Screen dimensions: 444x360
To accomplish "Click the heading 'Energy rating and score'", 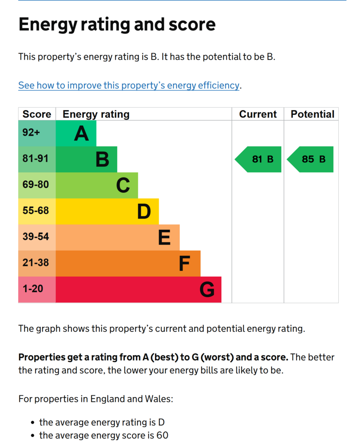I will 117,24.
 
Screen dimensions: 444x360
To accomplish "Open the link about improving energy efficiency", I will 128,85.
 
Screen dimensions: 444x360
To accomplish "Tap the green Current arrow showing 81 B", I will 259,159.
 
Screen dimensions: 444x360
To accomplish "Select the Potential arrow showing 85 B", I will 311,159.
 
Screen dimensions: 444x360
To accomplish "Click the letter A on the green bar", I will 81,134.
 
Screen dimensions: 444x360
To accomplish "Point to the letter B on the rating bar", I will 102,160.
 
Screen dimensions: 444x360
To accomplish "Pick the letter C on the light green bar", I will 123,186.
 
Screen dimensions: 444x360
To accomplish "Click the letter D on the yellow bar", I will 144,212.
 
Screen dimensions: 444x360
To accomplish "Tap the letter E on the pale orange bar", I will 164,238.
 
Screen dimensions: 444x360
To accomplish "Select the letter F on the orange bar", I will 185,264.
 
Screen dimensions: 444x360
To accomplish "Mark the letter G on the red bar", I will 207,290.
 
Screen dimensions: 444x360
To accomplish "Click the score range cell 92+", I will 31,133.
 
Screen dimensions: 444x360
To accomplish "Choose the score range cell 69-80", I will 36,185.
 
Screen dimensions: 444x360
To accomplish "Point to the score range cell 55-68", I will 36,211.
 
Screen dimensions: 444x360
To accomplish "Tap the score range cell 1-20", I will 33,289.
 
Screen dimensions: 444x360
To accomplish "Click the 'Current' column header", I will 258,114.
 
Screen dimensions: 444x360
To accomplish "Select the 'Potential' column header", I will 312,114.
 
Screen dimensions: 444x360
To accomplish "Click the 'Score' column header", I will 37,114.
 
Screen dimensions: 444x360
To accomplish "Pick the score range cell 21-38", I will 36,263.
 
